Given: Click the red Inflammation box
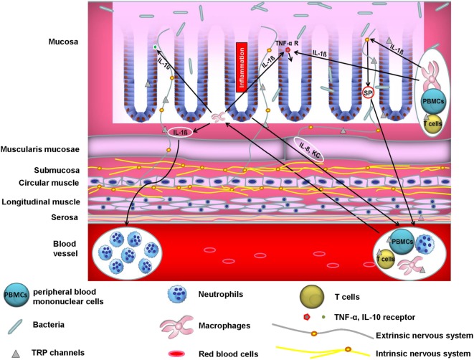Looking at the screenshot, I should click(x=241, y=67).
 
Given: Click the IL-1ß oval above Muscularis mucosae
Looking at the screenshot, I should click(x=181, y=132).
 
